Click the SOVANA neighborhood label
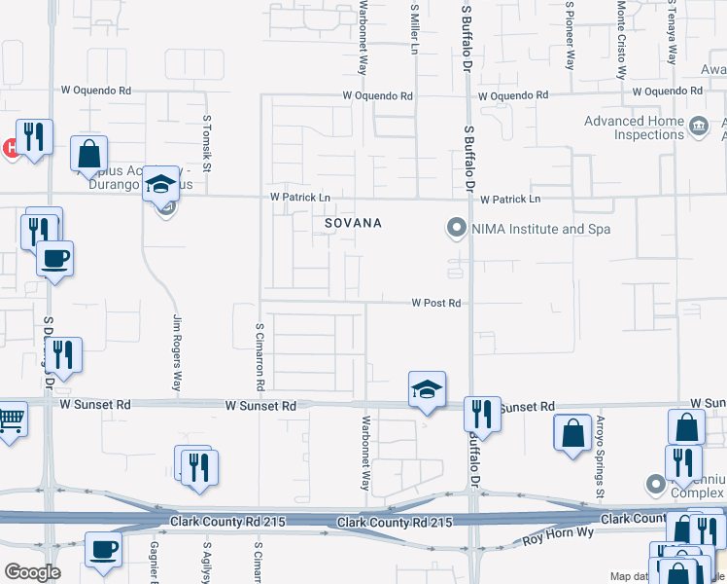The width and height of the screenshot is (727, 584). click(353, 224)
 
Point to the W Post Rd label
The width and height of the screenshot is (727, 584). click(435, 303)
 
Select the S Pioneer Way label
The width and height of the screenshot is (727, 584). click(570, 35)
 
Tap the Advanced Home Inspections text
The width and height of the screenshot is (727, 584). click(635, 128)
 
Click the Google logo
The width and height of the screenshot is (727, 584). click(32, 572)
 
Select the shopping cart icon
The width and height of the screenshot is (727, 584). click(12, 420)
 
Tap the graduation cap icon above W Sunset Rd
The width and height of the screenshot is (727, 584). click(427, 389)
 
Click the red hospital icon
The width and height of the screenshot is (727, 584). click(9, 148)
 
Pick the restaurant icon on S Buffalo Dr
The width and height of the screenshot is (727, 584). click(481, 414)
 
